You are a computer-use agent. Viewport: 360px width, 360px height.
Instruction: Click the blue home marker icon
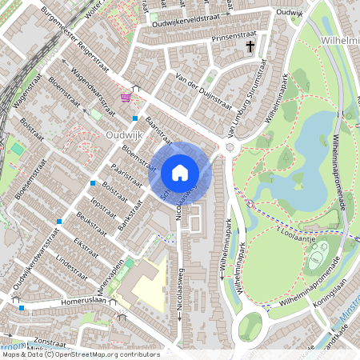pyautogui.click(x=180, y=172)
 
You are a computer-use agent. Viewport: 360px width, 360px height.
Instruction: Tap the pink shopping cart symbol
pyautogui.click(x=126, y=98)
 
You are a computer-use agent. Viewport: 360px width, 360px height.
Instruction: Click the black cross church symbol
pyautogui.click(x=250, y=48)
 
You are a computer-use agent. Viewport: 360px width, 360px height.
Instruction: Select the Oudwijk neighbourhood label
pyautogui.click(x=124, y=135)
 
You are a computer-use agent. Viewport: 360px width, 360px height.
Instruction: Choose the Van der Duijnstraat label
pyautogui.click(x=186, y=78)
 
